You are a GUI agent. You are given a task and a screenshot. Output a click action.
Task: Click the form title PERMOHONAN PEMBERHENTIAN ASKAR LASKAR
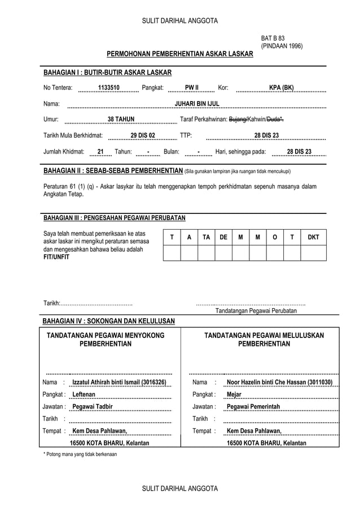[x=180, y=54]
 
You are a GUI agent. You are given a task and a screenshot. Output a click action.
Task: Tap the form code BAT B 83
[x=273, y=38]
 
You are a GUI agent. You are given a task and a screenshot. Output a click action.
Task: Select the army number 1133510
[x=108, y=88]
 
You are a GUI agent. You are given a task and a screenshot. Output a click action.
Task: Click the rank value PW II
[x=192, y=88]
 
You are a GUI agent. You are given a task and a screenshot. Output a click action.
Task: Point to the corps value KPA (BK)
[x=281, y=88]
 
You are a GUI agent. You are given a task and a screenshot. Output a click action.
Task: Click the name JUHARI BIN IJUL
[x=197, y=104]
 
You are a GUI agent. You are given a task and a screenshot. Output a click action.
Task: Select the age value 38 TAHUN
[x=121, y=120]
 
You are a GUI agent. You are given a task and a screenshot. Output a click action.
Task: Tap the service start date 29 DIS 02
[x=142, y=135]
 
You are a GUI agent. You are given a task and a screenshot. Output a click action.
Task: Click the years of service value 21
[x=100, y=151]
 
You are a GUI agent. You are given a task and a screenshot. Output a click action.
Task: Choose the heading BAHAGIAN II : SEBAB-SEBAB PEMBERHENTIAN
[x=113, y=171]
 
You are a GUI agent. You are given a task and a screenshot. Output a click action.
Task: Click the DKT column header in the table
[x=313, y=238]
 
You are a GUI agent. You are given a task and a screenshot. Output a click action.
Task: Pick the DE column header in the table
[x=223, y=238]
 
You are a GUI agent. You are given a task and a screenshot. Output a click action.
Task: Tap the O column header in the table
[x=274, y=238]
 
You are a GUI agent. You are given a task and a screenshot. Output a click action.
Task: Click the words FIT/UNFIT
[x=56, y=257]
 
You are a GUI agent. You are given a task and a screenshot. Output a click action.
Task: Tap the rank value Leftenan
[x=84, y=394]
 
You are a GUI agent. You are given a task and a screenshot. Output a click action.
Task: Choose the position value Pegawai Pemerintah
[x=253, y=407]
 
